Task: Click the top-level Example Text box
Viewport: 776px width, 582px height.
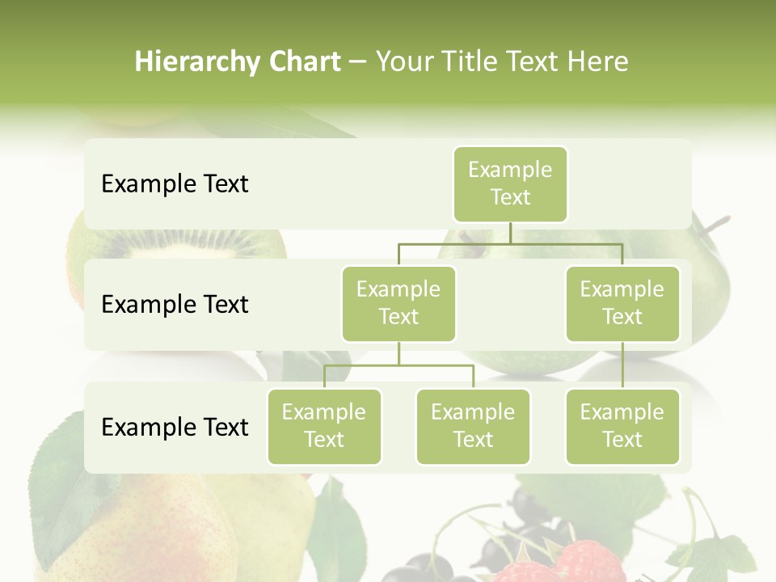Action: pos(510,184)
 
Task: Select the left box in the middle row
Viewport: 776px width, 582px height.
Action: pos(399,304)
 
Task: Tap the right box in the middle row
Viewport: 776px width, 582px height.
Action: pos(622,304)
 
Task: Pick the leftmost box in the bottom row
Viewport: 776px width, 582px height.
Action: pos(324,427)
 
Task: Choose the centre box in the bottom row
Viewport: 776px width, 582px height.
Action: pos(473,427)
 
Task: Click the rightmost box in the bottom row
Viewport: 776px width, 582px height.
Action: pos(622,427)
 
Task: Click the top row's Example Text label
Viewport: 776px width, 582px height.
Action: pos(175,184)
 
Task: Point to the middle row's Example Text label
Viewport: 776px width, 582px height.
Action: pos(175,305)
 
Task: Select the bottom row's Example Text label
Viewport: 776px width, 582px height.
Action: pos(175,428)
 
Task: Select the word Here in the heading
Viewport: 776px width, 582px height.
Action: pos(598,61)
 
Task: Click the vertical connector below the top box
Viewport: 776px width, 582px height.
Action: pos(510,233)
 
